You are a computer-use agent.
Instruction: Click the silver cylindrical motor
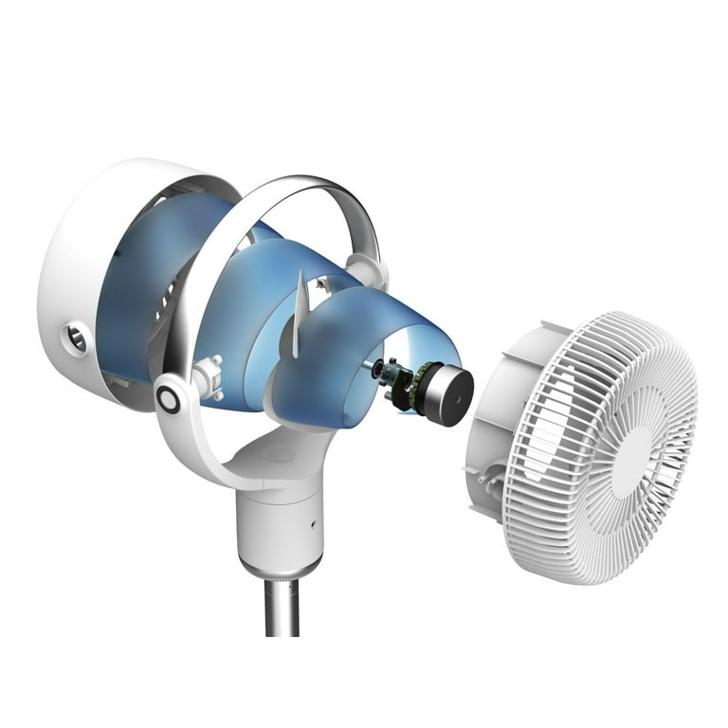pos(446,391)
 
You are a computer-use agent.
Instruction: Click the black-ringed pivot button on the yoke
pos(169,400)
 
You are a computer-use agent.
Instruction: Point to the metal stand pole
pos(281,607)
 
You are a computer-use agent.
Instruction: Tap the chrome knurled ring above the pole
pos(280,570)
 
